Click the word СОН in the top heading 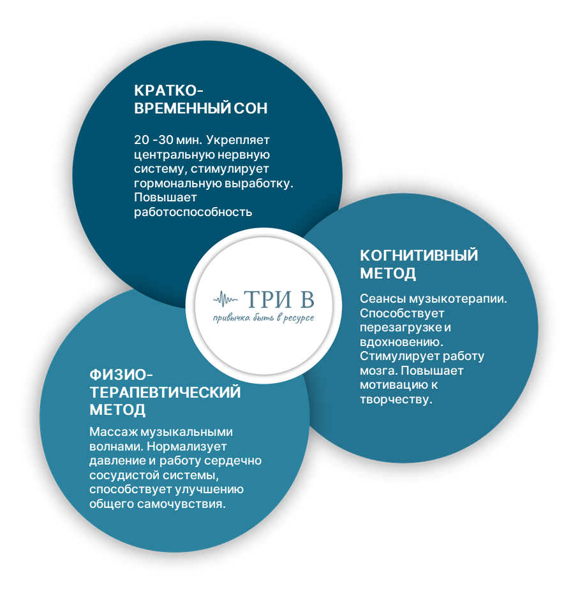(x=250, y=108)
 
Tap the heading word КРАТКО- (x=168, y=90)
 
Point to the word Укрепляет (x=238, y=140)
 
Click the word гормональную (x=177, y=184)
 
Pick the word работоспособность (x=193, y=212)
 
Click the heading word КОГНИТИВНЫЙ (x=419, y=256)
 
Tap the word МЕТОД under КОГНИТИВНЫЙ (x=388, y=273)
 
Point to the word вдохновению (x=401, y=342)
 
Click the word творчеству (x=396, y=400)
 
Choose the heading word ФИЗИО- (x=121, y=375)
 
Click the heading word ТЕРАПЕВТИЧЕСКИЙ (x=165, y=393)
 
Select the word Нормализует (x=187, y=446)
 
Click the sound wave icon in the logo (x=225, y=300)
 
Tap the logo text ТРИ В (x=279, y=300)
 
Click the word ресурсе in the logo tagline (x=299, y=318)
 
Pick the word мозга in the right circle (x=378, y=371)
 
